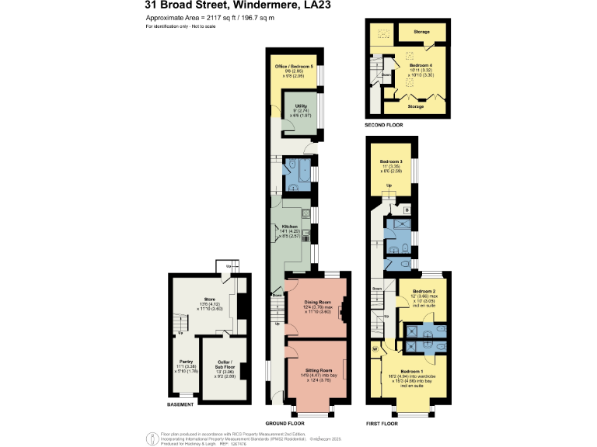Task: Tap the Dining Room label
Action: [x=317, y=302]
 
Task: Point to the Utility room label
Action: [x=301, y=106]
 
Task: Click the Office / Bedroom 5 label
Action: [x=294, y=67]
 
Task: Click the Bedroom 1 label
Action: [x=412, y=372]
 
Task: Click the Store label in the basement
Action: [x=208, y=298]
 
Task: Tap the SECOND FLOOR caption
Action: [x=383, y=124]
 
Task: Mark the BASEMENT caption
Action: [x=180, y=405]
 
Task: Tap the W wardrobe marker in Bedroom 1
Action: [x=375, y=348]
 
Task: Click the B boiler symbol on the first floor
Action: [x=407, y=210]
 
